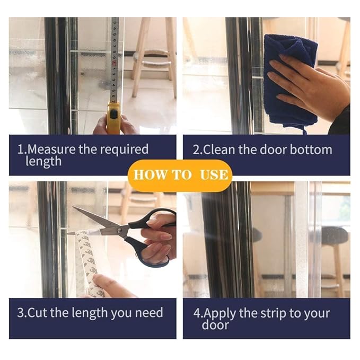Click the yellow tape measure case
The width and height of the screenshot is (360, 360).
pyautogui.click(x=113, y=118)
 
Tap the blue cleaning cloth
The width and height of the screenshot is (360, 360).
pyautogui.click(x=291, y=81)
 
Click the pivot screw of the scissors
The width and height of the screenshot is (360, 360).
pyautogui.click(x=119, y=230)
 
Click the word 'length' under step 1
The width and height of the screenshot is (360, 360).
pyautogui.click(x=43, y=162)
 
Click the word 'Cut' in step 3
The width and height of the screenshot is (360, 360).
pyautogui.click(x=38, y=313)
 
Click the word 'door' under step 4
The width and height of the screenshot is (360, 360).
pyautogui.click(x=215, y=325)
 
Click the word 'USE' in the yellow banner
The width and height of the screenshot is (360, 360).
pyautogui.click(x=214, y=175)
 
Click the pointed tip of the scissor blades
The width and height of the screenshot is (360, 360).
pyautogui.click(x=73, y=207)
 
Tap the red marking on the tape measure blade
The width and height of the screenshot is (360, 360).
pyautogui.click(x=113, y=64)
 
